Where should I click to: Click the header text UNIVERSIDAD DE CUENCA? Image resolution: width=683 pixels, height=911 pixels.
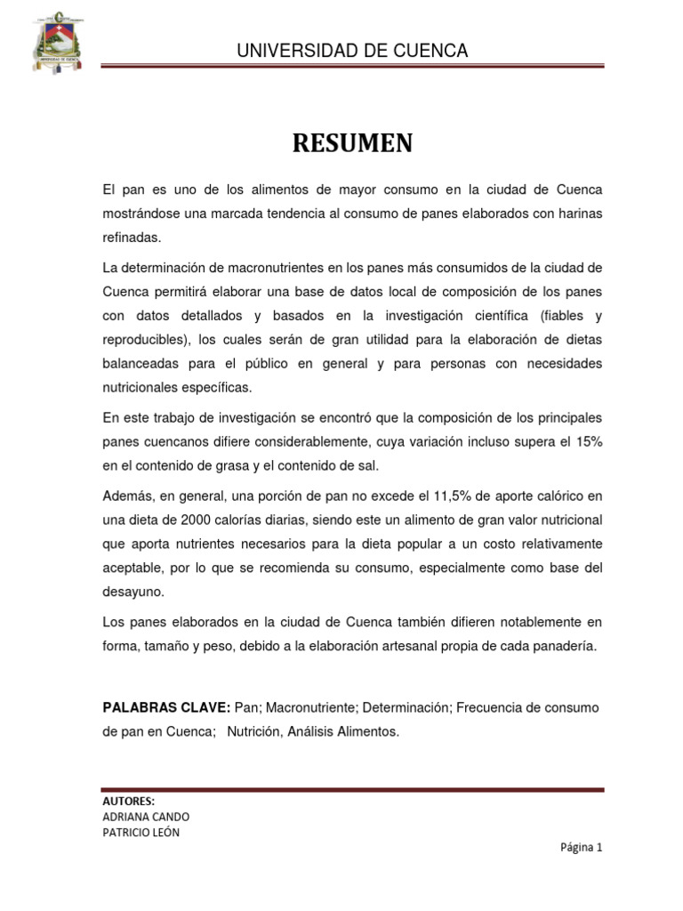(352, 51)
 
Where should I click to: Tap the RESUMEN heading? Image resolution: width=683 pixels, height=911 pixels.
(352, 143)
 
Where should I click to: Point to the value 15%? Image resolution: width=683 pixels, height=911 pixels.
(588, 442)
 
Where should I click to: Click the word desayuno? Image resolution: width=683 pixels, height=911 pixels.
(134, 592)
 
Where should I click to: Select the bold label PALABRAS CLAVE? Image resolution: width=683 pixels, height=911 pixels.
(166, 707)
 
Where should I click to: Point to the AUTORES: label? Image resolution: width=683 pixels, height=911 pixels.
(129, 800)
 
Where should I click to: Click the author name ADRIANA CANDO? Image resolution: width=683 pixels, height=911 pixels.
(146, 816)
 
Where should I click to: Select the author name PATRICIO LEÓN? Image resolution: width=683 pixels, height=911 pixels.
(141, 833)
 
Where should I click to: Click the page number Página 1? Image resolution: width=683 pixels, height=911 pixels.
(581, 848)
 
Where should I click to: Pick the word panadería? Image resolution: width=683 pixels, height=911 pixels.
(566, 647)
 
